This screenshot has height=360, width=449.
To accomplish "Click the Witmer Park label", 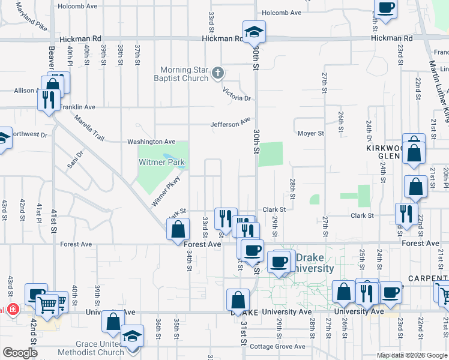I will [x=161, y=163].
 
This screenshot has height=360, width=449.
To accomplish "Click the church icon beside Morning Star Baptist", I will [x=218, y=74].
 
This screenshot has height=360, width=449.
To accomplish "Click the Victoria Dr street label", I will [x=236, y=94].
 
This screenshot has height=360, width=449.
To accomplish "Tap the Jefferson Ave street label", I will [x=230, y=123].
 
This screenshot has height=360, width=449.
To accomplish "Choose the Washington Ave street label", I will [x=151, y=142].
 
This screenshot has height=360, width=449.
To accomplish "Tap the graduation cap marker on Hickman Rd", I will [x=255, y=31].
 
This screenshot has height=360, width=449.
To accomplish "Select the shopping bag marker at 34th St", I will [x=178, y=229].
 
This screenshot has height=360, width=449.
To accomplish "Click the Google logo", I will [x=20, y=353].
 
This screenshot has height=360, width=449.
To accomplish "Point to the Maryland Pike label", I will [x=31, y=17].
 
